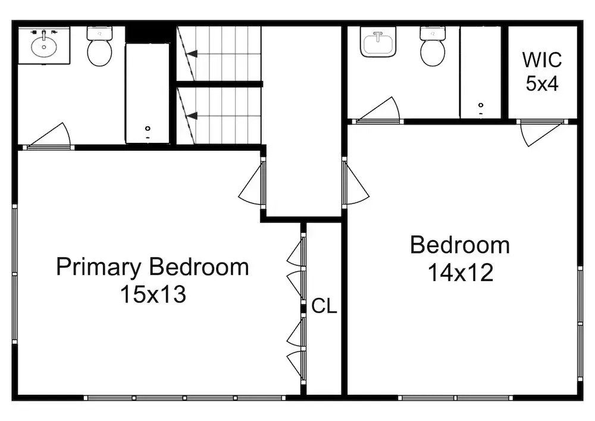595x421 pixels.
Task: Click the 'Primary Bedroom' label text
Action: (152, 267)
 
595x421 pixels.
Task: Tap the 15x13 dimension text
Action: (153, 294)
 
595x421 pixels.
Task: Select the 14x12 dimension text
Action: (461, 273)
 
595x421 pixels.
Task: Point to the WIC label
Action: (542, 60)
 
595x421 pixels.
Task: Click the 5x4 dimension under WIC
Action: (542, 83)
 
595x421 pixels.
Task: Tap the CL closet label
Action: (324, 306)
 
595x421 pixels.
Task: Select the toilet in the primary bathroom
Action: (99, 46)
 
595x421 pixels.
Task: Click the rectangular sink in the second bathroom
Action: (378, 42)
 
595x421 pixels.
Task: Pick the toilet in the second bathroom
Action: (433, 46)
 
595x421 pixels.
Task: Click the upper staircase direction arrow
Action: (193, 54)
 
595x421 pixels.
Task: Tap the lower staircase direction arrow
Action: (193, 116)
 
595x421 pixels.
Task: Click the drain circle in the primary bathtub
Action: (148, 128)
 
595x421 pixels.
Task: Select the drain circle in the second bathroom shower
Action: (481, 105)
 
